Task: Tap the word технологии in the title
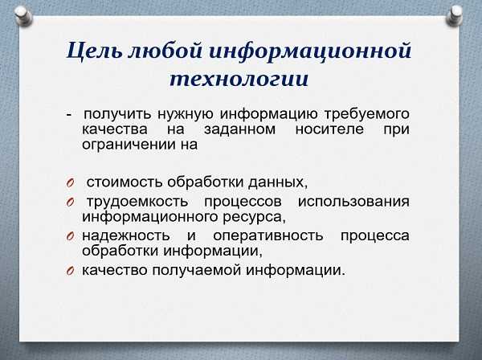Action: click(x=239, y=79)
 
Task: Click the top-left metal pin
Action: click(x=23, y=16)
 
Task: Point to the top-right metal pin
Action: click(x=455, y=15)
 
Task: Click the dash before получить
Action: click(x=69, y=115)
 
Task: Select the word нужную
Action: click(x=185, y=114)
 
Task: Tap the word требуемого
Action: click(x=367, y=114)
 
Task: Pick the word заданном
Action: click(x=239, y=129)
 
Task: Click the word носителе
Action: click(x=329, y=129)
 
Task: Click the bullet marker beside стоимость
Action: click(x=70, y=182)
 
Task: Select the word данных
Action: click(x=278, y=182)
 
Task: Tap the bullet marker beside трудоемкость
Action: click(x=70, y=202)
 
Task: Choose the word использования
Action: click(x=353, y=202)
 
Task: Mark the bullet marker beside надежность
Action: click(x=70, y=236)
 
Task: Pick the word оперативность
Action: click(x=268, y=236)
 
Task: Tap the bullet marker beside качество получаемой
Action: click(x=70, y=271)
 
